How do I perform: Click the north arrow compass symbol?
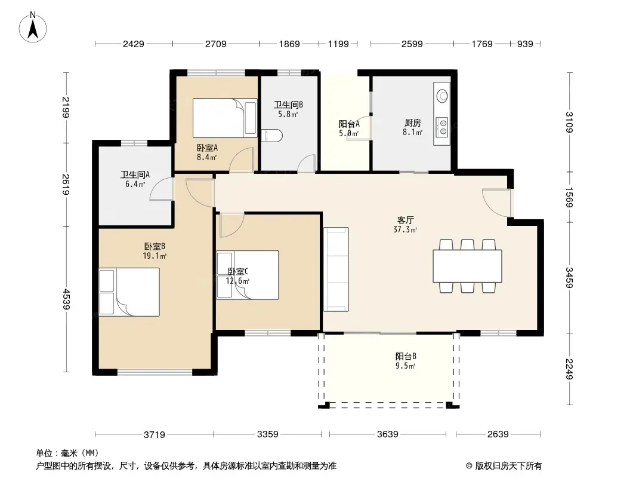click(x=33, y=27)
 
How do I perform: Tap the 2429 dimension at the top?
click(x=134, y=44)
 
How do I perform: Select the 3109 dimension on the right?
click(x=570, y=122)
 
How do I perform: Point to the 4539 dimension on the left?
click(x=66, y=299)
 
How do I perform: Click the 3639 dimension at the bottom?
click(x=387, y=434)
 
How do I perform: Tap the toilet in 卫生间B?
click(x=271, y=136)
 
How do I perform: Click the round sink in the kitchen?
click(x=442, y=96)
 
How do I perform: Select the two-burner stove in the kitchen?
click(x=442, y=126)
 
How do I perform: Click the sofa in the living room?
click(x=336, y=269)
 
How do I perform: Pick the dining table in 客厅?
click(x=467, y=266)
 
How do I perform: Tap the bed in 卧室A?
click(x=225, y=118)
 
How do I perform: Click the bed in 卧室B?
click(x=129, y=292)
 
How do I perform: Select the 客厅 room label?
click(x=405, y=220)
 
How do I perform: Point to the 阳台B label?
click(x=406, y=357)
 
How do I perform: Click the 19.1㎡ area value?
click(x=155, y=256)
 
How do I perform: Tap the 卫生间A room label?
click(x=135, y=174)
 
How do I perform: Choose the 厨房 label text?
click(x=412, y=122)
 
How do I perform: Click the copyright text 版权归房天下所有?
click(x=508, y=466)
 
